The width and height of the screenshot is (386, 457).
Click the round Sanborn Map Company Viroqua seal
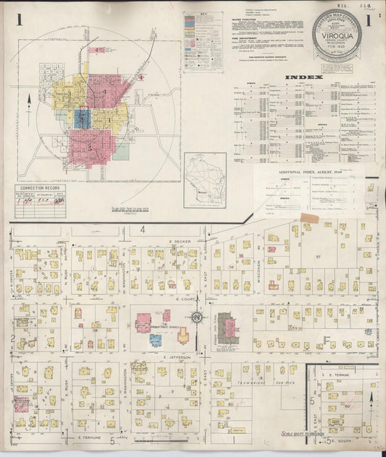pos(337,35)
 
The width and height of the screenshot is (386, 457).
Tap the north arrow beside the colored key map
pos(28,101)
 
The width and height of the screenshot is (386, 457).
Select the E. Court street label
pos(186,296)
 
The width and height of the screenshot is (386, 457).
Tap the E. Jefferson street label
pos(176,357)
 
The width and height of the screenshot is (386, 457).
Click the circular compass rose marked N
pos(196,317)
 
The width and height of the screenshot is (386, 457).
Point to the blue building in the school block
pos(156,340)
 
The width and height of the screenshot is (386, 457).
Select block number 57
pos(317,257)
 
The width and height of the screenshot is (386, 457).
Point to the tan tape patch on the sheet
pos(310,218)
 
